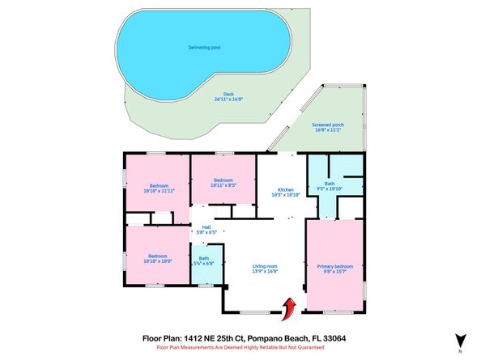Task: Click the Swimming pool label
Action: pyautogui.click(x=203, y=48)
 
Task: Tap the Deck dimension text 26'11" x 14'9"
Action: pyautogui.click(x=231, y=99)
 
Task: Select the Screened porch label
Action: pyautogui.click(x=328, y=125)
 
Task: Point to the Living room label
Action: pyautogui.click(x=266, y=265)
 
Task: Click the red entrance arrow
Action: pyautogui.click(x=287, y=307)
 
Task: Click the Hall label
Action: pyautogui.click(x=206, y=227)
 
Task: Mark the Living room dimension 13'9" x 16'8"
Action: pyautogui.click(x=266, y=271)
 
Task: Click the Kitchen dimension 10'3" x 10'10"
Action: pyautogui.click(x=285, y=195)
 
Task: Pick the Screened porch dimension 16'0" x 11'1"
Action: pyautogui.click(x=328, y=131)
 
